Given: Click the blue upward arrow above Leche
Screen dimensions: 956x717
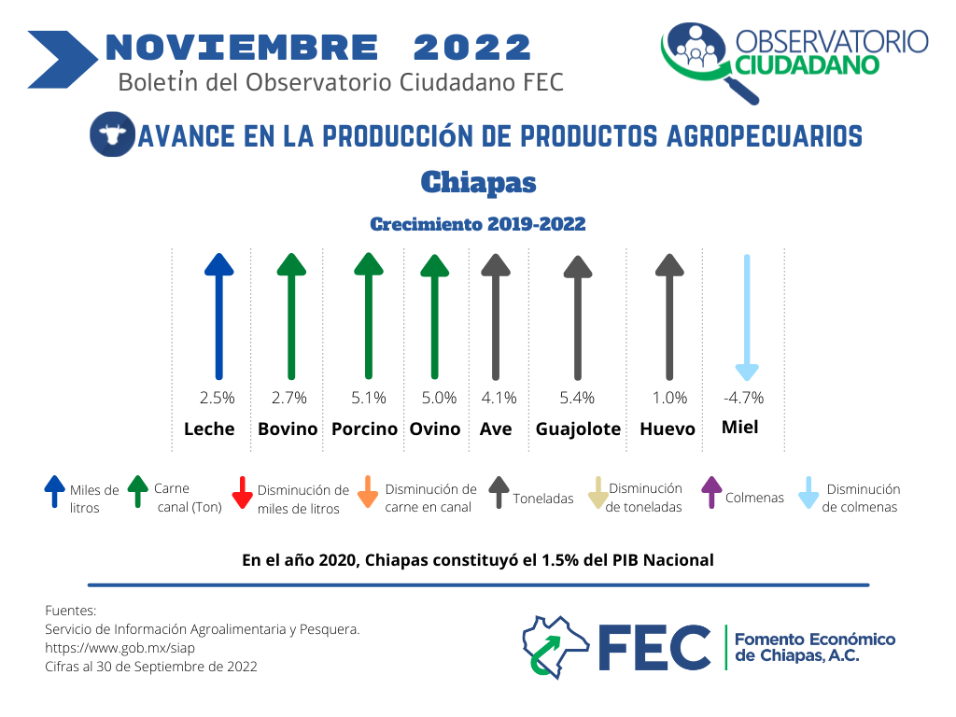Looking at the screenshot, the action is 218,316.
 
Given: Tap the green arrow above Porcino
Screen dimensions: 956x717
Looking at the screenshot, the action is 369,316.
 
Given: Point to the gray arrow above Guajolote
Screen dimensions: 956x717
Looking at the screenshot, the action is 578,317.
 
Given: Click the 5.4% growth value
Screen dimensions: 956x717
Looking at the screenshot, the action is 577,398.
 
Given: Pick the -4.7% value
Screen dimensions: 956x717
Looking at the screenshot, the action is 743,398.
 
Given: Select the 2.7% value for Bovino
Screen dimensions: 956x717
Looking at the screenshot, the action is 289,398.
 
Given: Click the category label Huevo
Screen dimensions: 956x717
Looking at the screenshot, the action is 667,429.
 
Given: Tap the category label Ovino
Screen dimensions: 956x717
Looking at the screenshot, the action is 435,429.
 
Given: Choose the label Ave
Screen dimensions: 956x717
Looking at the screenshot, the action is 496,429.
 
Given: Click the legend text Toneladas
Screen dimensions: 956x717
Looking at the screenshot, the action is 543,499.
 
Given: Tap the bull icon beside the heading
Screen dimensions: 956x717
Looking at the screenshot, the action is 112,134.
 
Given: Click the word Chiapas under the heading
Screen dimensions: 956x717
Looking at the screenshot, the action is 479,182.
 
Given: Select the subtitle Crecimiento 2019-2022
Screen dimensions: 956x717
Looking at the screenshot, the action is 478,224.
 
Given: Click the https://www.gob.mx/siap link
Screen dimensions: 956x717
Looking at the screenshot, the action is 120,648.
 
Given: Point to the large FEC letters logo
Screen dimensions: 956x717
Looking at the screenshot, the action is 654,648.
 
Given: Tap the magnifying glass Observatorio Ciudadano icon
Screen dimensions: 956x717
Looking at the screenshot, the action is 705,60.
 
